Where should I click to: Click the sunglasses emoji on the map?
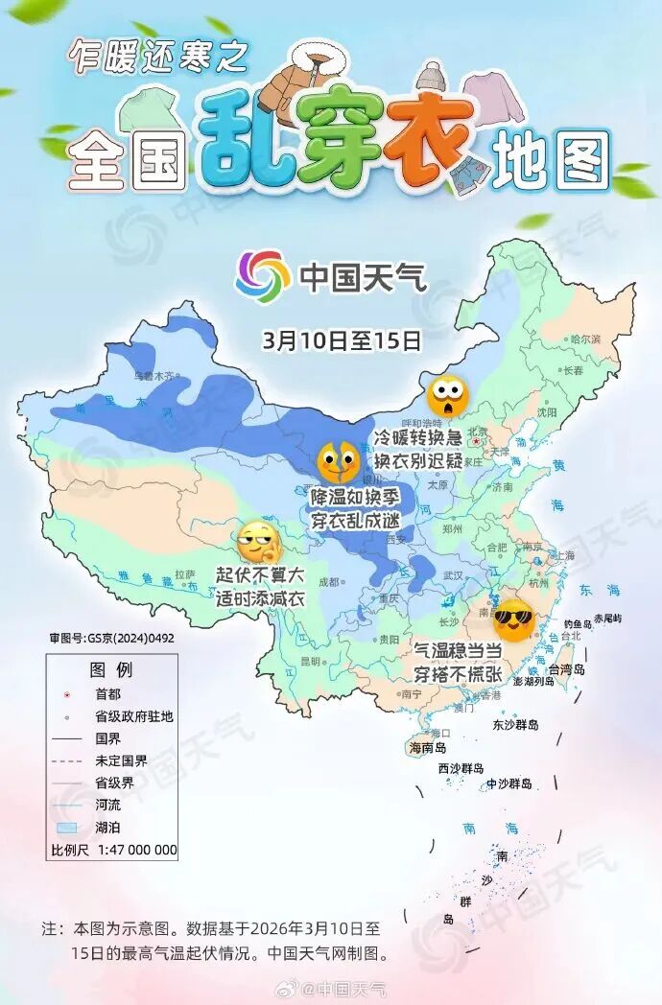pyautogui.click(x=513, y=621)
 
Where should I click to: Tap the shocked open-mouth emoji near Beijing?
pyautogui.click(x=447, y=394)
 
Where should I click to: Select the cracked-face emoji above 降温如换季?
pyautogui.click(x=338, y=463)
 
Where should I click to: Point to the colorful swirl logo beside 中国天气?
pyautogui.click(x=263, y=276)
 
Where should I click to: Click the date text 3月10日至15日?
pyautogui.click(x=342, y=339)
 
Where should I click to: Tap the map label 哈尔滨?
pyautogui.click(x=584, y=339)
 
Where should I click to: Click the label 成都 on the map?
pyautogui.click(x=328, y=580)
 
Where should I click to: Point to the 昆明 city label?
pyautogui.click(x=310, y=661)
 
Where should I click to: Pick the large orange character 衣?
pyautogui.click(x=430, y=145)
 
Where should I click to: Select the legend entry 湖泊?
pyautogui.click(x=108, y=826)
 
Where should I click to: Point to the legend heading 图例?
pyautogui.click(x=110, y=668)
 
